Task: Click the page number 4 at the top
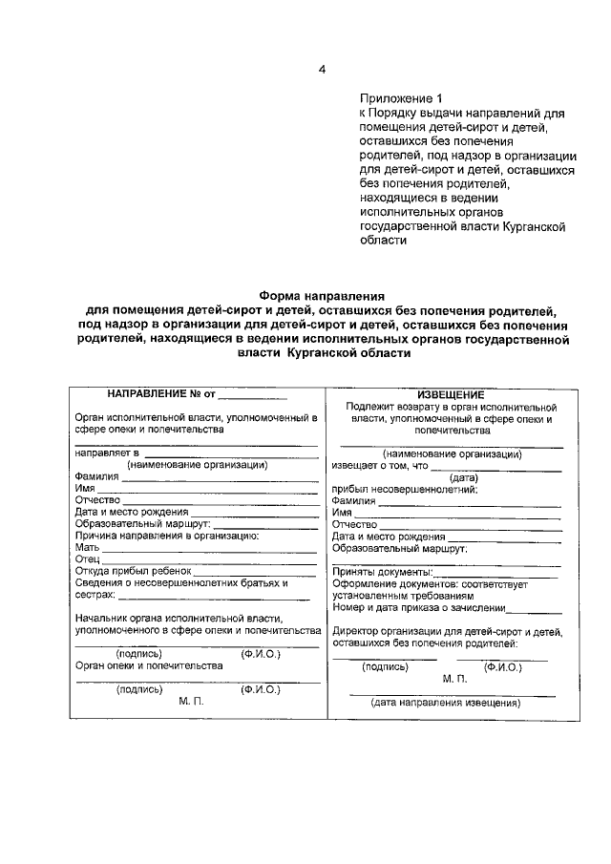coord(322,70)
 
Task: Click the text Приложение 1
coord(402,97)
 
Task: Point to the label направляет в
coord(108,453)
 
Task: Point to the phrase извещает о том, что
coord(379,466)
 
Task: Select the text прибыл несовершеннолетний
coord(404,489)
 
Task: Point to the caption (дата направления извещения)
coord(446,703)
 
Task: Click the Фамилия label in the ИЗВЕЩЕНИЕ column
coord(354,500)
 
